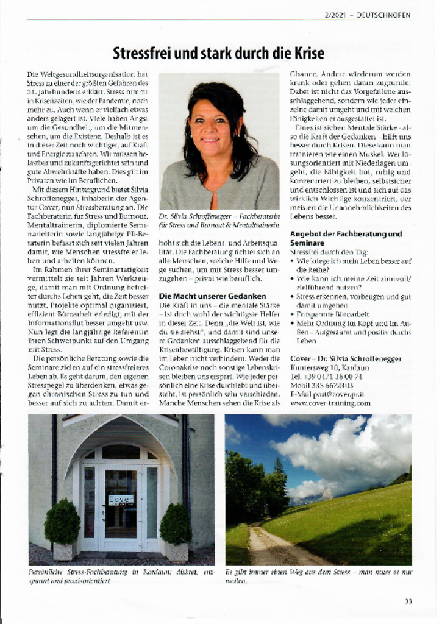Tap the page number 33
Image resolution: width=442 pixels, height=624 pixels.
pos(408,601)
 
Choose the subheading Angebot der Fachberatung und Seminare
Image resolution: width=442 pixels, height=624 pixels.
pos(346,238)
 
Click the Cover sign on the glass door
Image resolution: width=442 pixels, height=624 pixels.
pos(121,499)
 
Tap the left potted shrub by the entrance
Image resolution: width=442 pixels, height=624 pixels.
pos(62,524)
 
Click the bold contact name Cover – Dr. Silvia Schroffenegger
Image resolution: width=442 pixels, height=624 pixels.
pos(346,360)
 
